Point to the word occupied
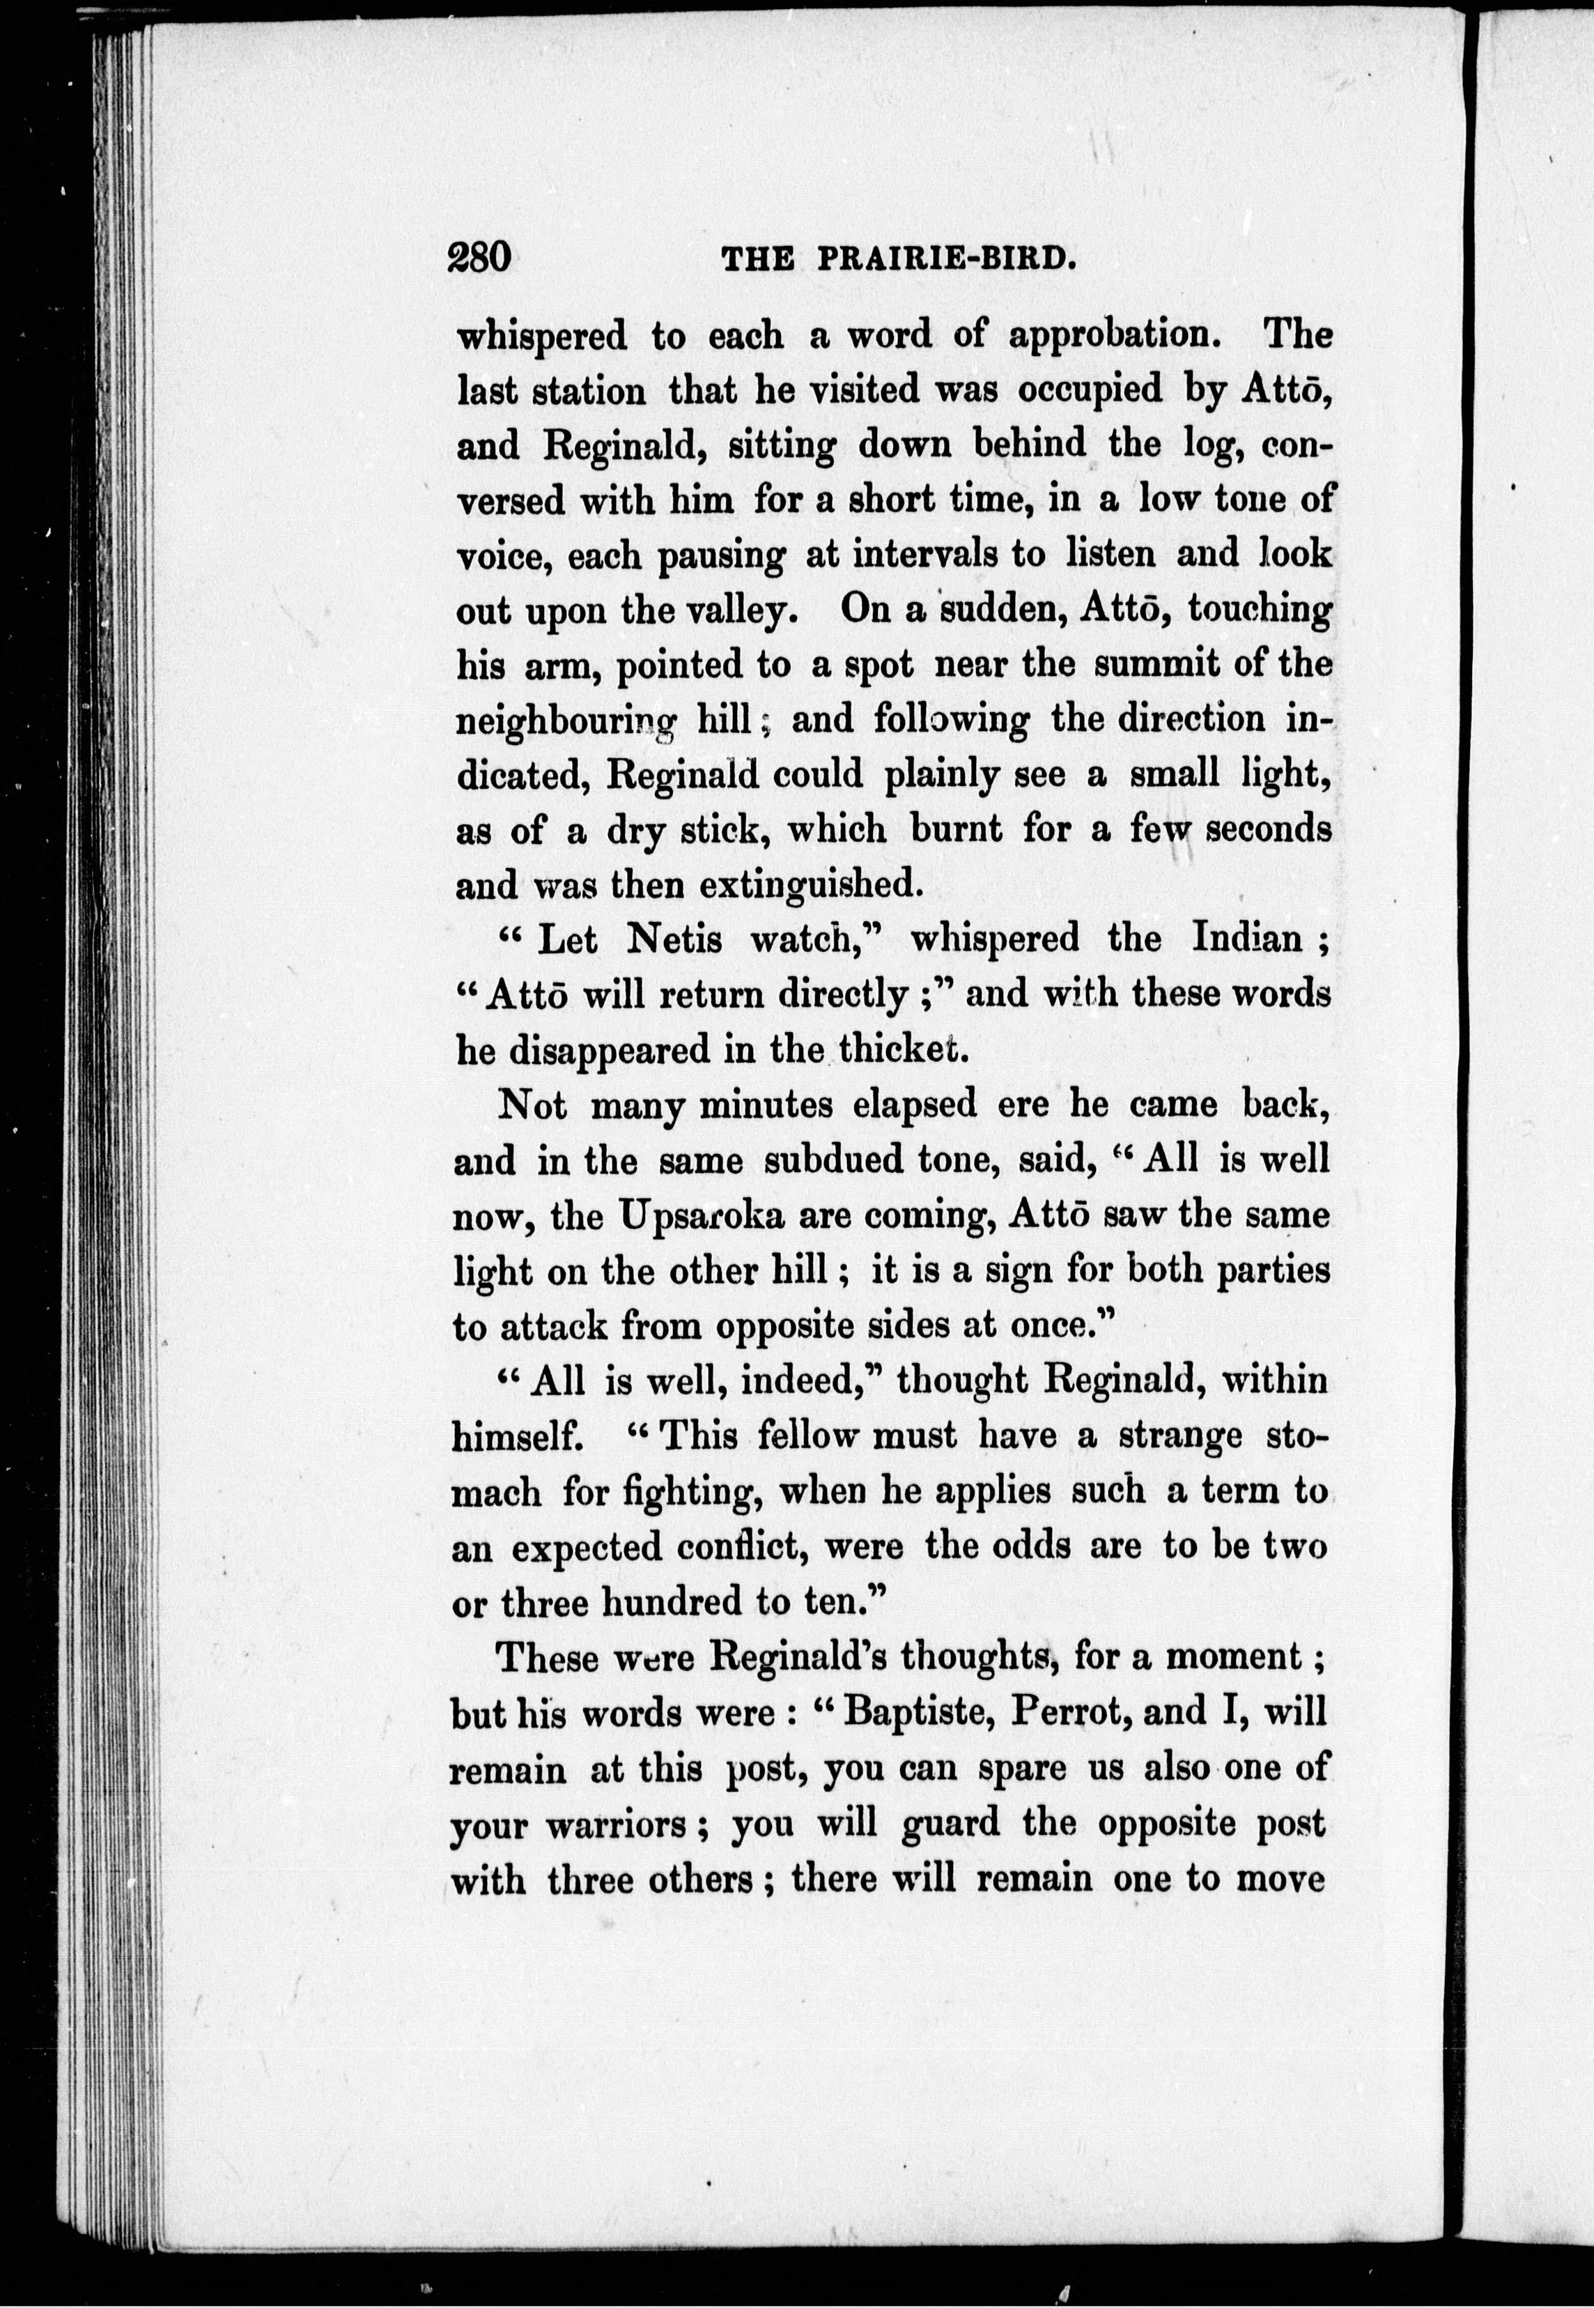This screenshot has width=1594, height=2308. coord(1090,390)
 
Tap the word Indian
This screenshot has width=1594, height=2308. coord(1248,939)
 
